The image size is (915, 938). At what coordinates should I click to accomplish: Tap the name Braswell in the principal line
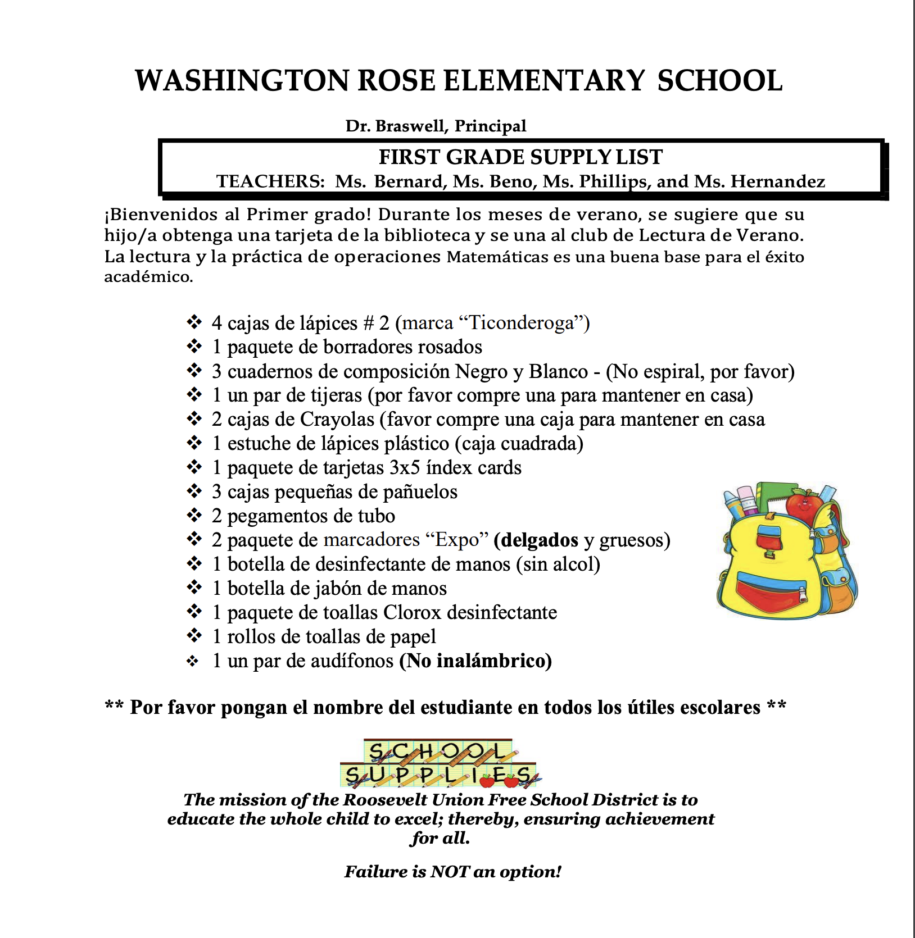(x=411, y=126)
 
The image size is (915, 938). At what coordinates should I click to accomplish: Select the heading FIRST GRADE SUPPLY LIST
(x=520, y=157)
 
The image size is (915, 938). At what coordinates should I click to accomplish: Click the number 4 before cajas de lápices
(x=217, y=323)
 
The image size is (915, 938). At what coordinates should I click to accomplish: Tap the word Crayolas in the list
(x=337, y=420)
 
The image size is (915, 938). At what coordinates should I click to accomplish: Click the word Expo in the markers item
(x=457, y=540)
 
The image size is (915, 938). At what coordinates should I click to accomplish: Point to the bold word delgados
(x=539, y=540)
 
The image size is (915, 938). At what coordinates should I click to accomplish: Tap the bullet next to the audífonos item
(x=193, y=662)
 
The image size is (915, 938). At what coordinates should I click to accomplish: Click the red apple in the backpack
(x=803, y=503)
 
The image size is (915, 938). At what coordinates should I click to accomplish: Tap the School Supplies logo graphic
(x=440, y=763)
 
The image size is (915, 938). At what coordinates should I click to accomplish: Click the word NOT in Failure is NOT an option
(x=450, y=872)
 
